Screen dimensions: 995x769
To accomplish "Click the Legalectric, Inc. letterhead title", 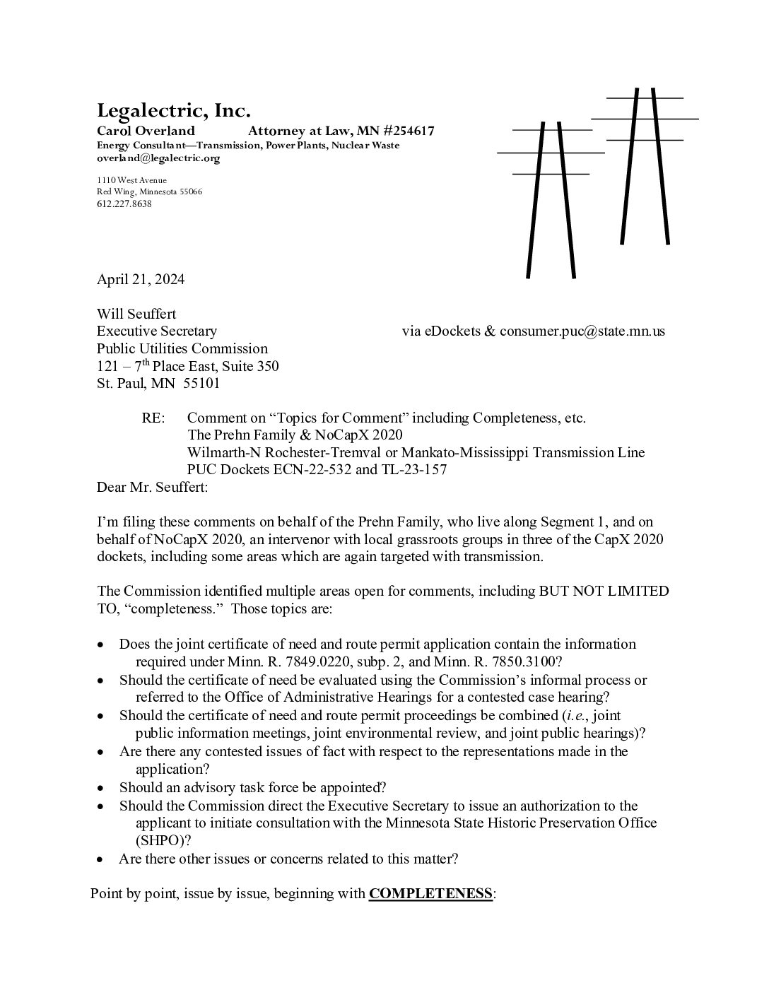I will click(173, 111).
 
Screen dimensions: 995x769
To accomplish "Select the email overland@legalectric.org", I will click(158, 158).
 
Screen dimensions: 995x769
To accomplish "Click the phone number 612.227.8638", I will click(124, 204).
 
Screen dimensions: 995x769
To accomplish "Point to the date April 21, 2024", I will click(141, 279).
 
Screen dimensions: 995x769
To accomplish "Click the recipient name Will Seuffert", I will click(136, 314).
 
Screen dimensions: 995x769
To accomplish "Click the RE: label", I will click(153, 418).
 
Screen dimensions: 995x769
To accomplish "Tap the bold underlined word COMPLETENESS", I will click(430, 893).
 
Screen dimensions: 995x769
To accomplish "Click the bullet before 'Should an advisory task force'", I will click(102, 788).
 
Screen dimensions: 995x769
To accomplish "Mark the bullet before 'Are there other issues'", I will click(102, 859).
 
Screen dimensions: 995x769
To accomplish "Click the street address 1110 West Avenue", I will click(132, 180).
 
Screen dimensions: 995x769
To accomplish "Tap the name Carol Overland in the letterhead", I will click(146, 131).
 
